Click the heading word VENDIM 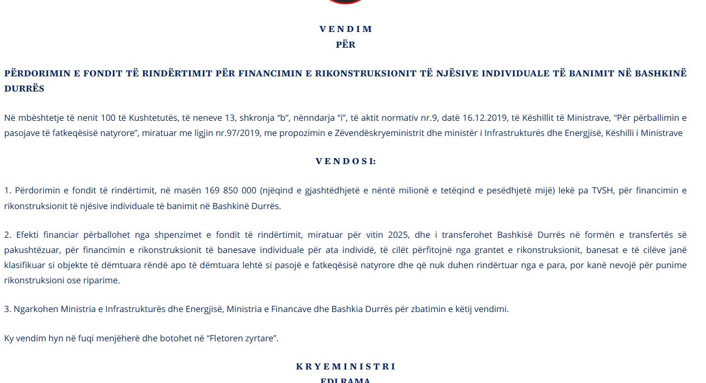pyautogui.click(x=346, y=29)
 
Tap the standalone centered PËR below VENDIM pyautogui.click(x=346, y=45)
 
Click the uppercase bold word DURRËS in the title pyautogui.click(x=24, y=88)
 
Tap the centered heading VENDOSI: pyautogui.click(x=346, y=161)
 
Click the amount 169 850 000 pyautogui.click(x=230, y=191)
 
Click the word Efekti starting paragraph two pyautogui.click(x=28, y=235)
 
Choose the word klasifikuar pyautogui.click(x=26, y=265)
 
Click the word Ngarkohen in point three pyautogui.click(x=35, y=309)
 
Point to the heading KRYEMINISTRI pyautogui.click(x=346, y=367)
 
